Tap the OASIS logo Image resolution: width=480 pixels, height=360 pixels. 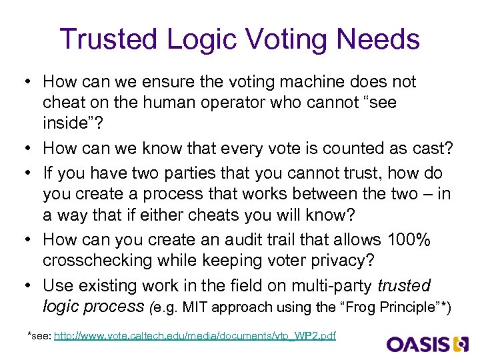coord(429,344)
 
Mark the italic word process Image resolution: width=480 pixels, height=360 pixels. coord(121,307)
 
